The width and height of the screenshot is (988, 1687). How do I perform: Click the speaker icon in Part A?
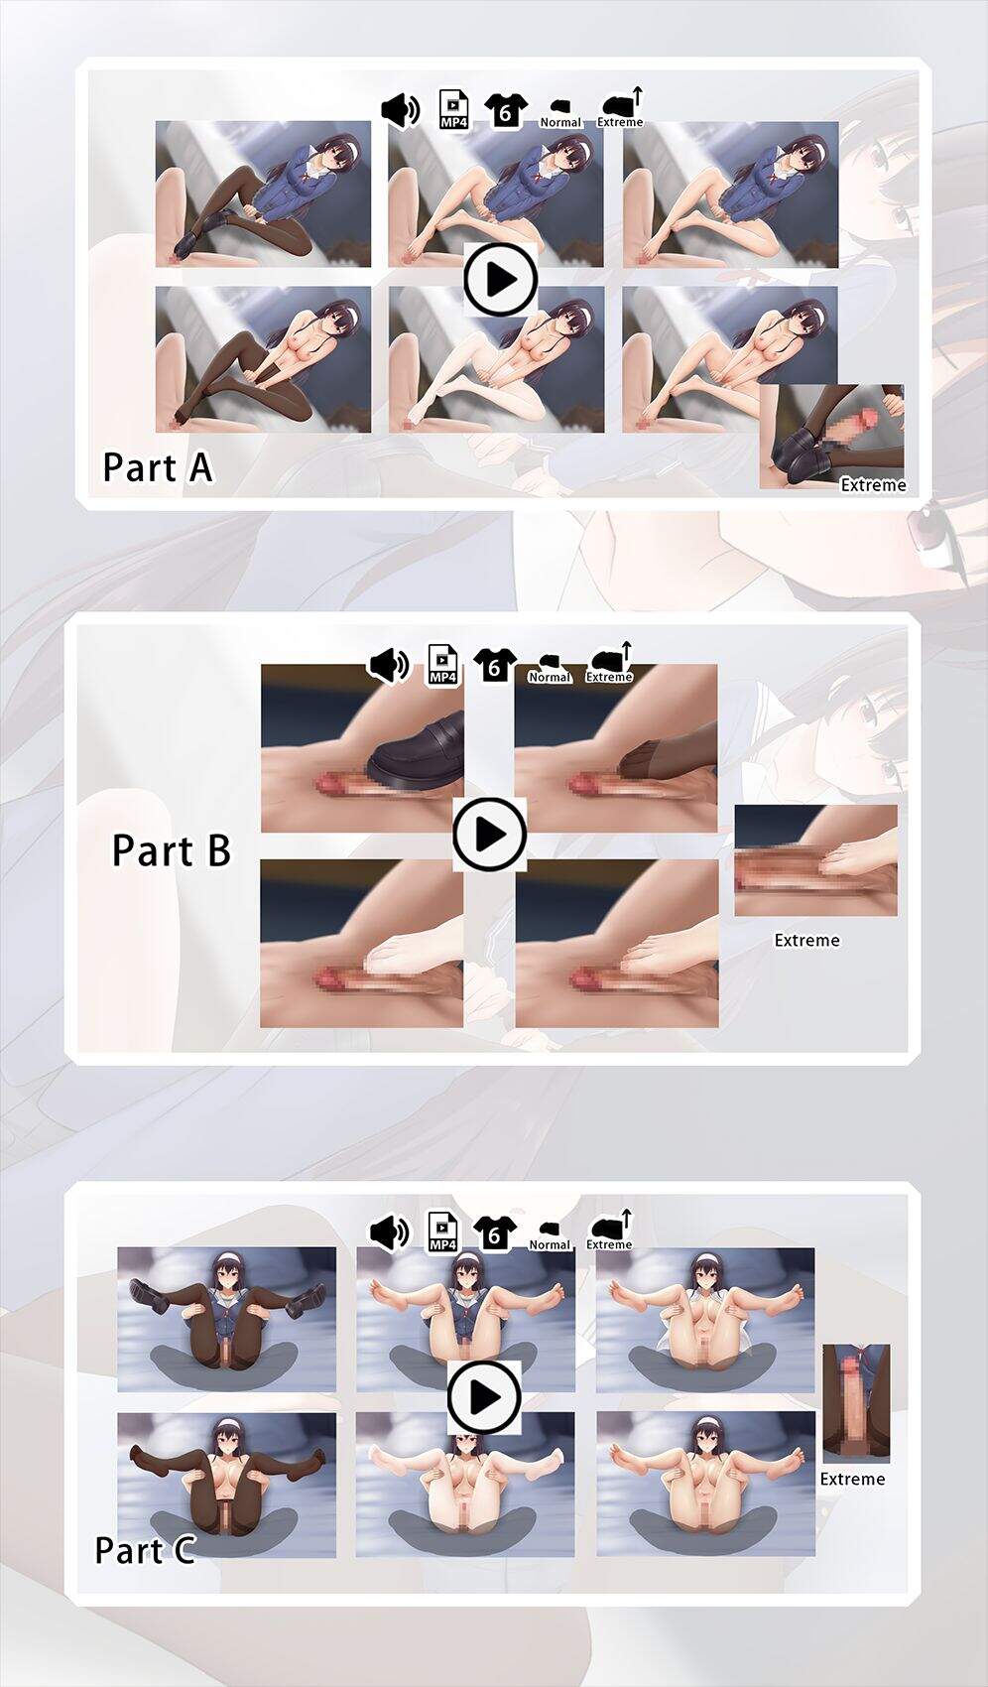(x=400, y=111)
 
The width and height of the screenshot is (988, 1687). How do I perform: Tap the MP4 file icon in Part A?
(x=453, y=110)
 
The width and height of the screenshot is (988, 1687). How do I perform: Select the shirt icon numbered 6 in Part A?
(x=506, y=111)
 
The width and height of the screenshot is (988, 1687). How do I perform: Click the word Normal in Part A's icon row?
(x=560, y=122)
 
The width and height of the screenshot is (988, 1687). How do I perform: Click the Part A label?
(x=158, y=467)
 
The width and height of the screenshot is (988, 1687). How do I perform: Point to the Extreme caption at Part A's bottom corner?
(x=873, y=485)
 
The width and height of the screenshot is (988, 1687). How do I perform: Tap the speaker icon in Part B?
(x=389, y=666)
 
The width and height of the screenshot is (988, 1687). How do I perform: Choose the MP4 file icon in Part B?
(x=442, y=665)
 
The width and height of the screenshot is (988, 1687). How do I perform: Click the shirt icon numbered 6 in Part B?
(x=495, y=666)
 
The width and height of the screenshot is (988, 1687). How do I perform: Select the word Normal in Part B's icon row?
(x=549, y=677)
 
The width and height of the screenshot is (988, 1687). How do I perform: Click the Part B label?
(x=172, y=850)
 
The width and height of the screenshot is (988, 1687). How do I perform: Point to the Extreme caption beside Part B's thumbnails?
(x=807, y=940)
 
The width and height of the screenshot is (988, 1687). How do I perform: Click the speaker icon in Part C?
(x=389, y=1233)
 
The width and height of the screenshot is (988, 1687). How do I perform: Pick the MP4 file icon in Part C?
(x=442, y=1233)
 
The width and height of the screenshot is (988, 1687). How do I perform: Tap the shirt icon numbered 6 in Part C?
(x=495, y=1233)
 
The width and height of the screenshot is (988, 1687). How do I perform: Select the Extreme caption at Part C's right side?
(x=852, y=1480)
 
